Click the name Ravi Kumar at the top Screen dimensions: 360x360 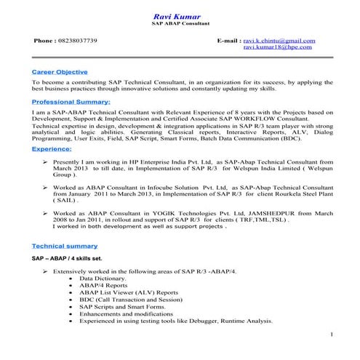point(177,15)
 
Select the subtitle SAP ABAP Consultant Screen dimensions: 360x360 point(177,24)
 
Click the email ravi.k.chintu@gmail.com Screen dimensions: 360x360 point(279,41)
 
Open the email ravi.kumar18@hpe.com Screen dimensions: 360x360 point(279,48)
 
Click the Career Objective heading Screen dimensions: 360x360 point(60,72)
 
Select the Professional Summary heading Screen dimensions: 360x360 point(71,102)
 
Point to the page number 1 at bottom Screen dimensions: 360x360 point(332,335)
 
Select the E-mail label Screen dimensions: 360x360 point(228,41)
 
